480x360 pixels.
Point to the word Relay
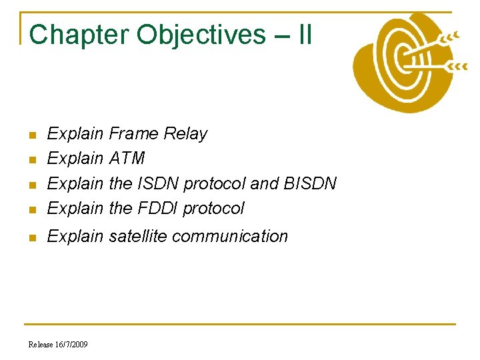[186, 134]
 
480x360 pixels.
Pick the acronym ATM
[127, 159]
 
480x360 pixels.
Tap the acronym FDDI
[158, 208]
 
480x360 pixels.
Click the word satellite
[142, 236]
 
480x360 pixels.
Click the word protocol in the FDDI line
[214, 208]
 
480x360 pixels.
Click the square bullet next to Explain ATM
[31, 160]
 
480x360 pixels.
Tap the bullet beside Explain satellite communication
[31, 237]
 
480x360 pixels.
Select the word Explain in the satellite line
[75, 236]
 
